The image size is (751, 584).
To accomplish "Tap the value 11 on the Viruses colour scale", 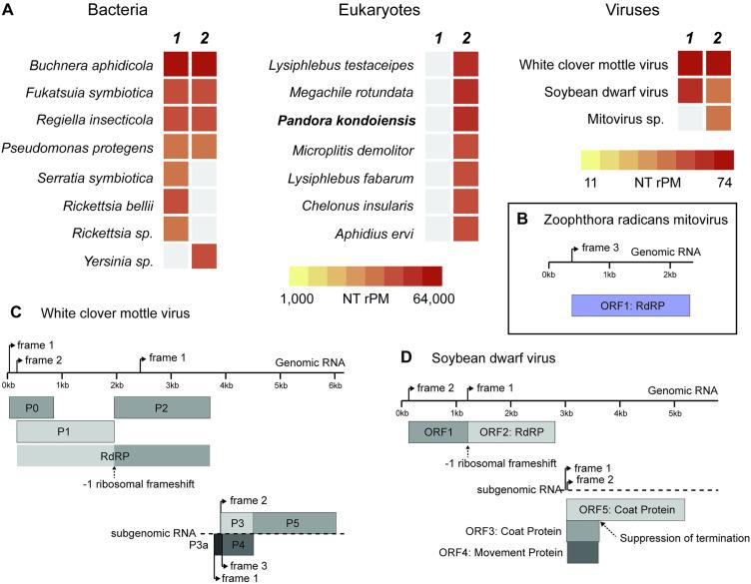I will click(590, 184).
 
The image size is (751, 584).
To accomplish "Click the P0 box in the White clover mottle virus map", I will click(31, 407).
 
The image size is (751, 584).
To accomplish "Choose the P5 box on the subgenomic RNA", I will click(295, 522).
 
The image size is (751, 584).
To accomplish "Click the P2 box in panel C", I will click(162, 407).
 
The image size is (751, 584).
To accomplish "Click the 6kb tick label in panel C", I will click(336, 385).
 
